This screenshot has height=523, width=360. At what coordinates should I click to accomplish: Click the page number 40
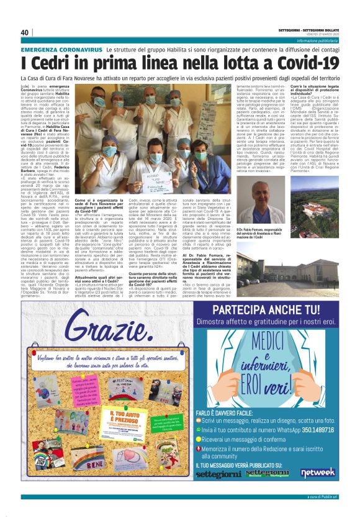coord(25,32)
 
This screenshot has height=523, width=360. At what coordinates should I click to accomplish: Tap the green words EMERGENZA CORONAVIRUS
coord(61,48)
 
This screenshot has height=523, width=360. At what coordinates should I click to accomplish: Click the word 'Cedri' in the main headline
coord(51,63)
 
